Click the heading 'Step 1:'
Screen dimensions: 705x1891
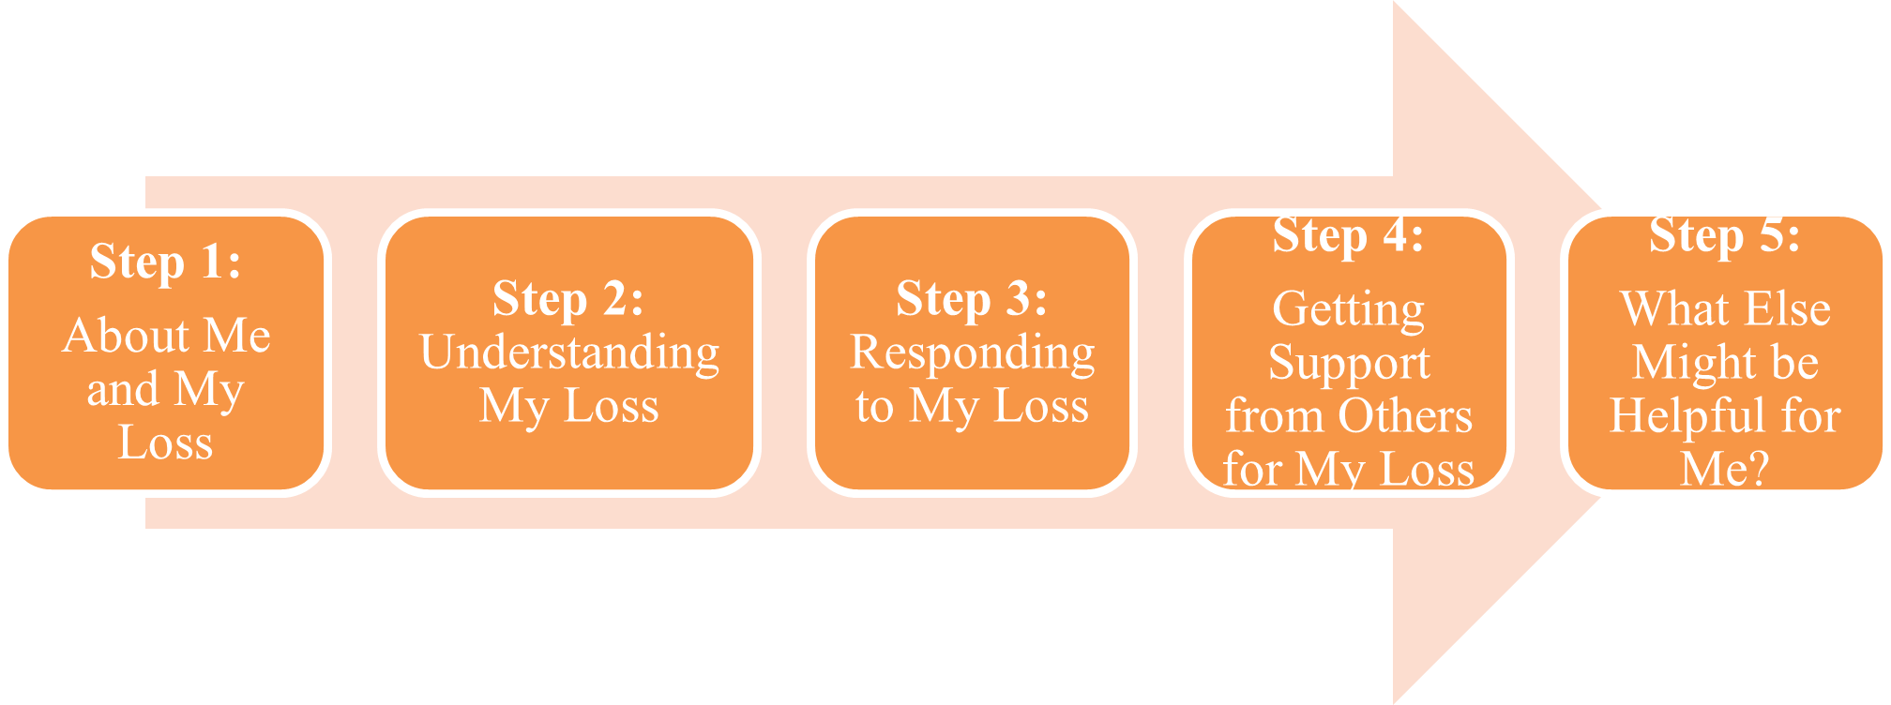click(165, 262)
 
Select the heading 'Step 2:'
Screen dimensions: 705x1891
click(568, 300)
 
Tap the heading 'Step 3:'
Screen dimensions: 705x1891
click(972, 300)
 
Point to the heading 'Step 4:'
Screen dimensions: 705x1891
click(1348, 236)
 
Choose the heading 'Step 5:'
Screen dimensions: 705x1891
click(1724, 236)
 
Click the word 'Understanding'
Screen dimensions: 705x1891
click(569, 354)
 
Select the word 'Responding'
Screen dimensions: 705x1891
click(973, 354)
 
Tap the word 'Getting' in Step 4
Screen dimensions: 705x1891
click(1348, 310)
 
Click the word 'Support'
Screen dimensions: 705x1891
click(1349, 364)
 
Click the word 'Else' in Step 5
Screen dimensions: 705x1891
click(1787, 309)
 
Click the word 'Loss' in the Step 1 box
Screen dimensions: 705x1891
click(165, 442)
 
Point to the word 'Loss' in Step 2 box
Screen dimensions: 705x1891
click(611, 407)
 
